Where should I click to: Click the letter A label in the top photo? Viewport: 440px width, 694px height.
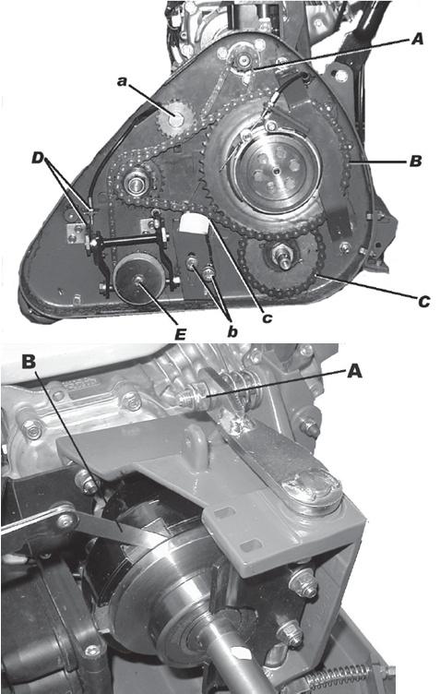click(417, 39)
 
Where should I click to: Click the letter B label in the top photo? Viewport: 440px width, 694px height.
click(416, 161)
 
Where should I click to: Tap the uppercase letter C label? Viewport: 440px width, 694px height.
click(423, 302)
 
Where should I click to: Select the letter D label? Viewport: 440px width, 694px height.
click(39, 158)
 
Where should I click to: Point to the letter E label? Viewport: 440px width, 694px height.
click(180, 335)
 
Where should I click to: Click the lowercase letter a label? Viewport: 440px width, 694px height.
click(122, 81)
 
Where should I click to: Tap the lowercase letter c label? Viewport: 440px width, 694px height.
click(267, 317)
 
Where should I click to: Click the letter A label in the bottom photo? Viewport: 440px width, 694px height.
click(354, 371)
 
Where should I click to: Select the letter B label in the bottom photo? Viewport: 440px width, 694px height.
click(29, 362)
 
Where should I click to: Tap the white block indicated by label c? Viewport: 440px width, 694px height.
click(195, 222)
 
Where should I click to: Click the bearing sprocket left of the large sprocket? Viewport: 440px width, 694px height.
click(134, 184)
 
